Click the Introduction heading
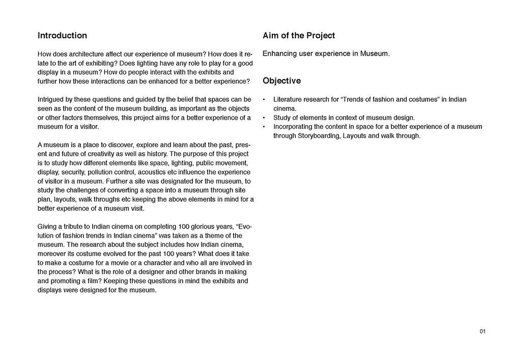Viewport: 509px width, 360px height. coord(62,36)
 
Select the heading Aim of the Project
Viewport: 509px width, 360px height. coord(299,36)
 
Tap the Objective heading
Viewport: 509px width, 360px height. coord(281,81)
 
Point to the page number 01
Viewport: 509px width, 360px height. coord(483,332)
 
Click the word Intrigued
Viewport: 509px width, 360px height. coord(53,99)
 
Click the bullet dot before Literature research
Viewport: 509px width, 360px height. coord(264,100)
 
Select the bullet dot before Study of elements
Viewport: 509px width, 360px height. coord(264,118)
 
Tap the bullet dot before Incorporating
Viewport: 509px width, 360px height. coord(264,127)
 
